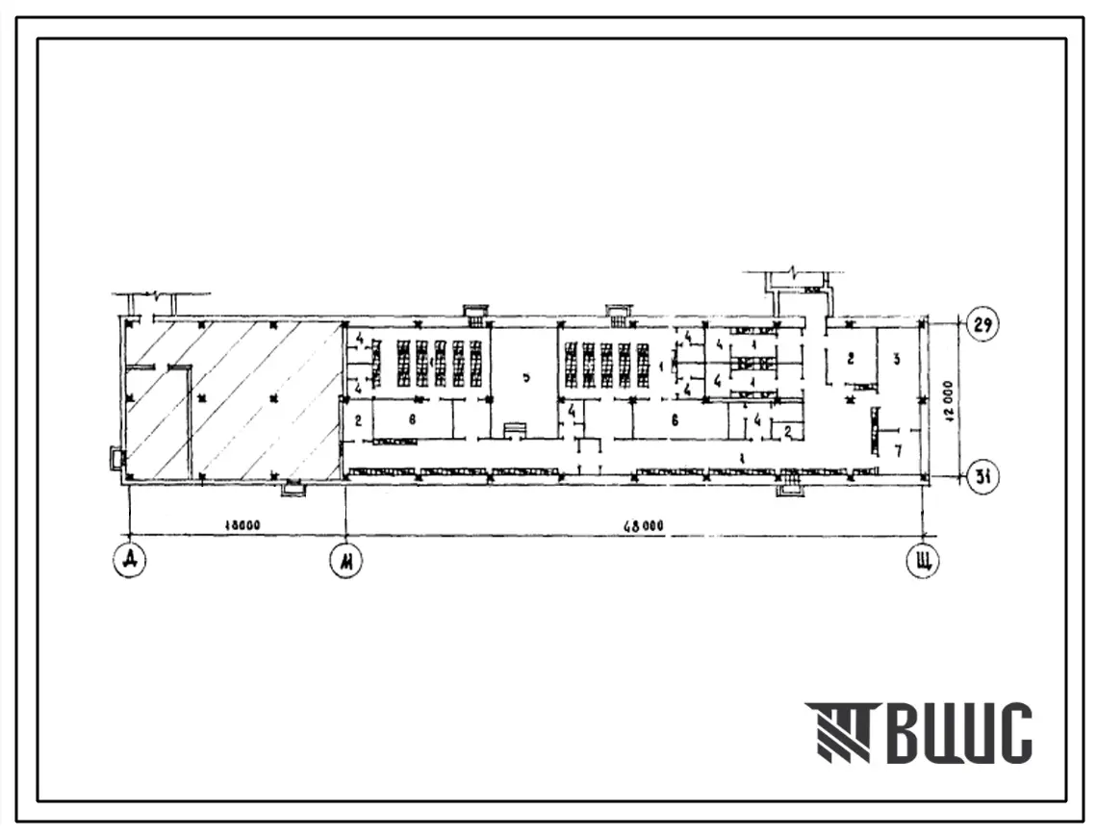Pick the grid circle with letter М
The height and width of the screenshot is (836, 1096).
344,560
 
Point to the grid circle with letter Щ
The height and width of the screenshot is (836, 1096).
924,560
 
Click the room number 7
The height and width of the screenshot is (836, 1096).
898,450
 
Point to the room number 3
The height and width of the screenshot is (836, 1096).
896,359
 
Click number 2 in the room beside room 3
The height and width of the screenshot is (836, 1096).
851,359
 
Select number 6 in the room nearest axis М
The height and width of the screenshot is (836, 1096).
411,419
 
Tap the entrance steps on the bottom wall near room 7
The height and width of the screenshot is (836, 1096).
789,485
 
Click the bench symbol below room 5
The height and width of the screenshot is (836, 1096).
516,429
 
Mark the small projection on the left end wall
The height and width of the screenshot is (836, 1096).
117,460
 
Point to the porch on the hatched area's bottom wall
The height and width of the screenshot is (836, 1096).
292,491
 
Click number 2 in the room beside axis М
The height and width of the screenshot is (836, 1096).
357,419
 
